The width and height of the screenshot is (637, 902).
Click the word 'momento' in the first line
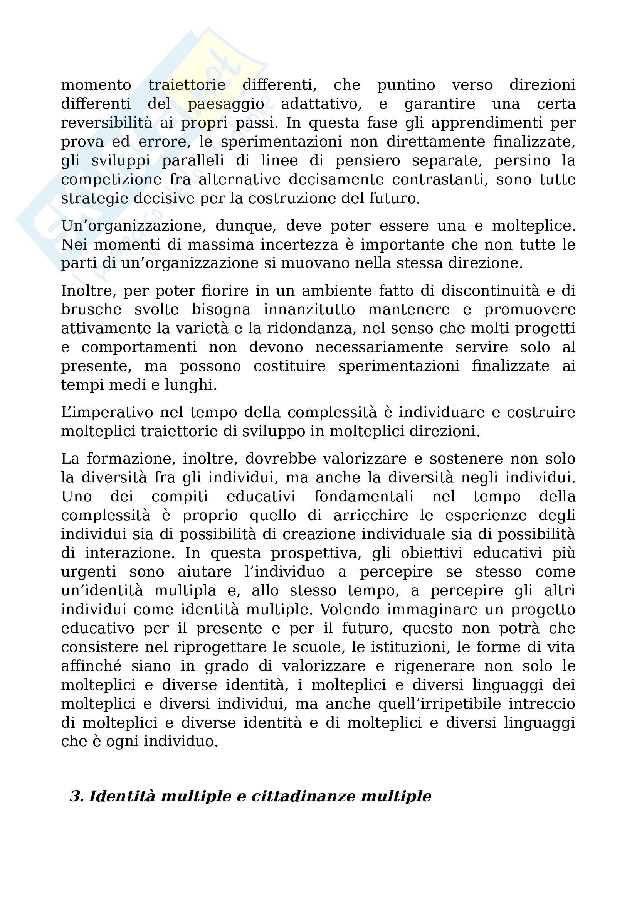[x=96, y=85]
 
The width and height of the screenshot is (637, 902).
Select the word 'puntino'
[x=406, y=85]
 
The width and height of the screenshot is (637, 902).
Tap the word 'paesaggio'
[x=226, y=104]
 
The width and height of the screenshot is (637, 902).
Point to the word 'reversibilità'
[x=106, y=123]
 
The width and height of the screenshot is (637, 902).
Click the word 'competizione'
[x=111, y=180]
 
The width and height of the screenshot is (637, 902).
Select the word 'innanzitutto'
[x=309, y=310]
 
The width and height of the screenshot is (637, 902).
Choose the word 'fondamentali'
[x=364, y=497]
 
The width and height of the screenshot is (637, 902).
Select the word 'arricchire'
[x=371, y=516]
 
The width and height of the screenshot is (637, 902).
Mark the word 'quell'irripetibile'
[x=440, y=704]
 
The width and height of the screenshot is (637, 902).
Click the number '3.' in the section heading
[x=77, y=796]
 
